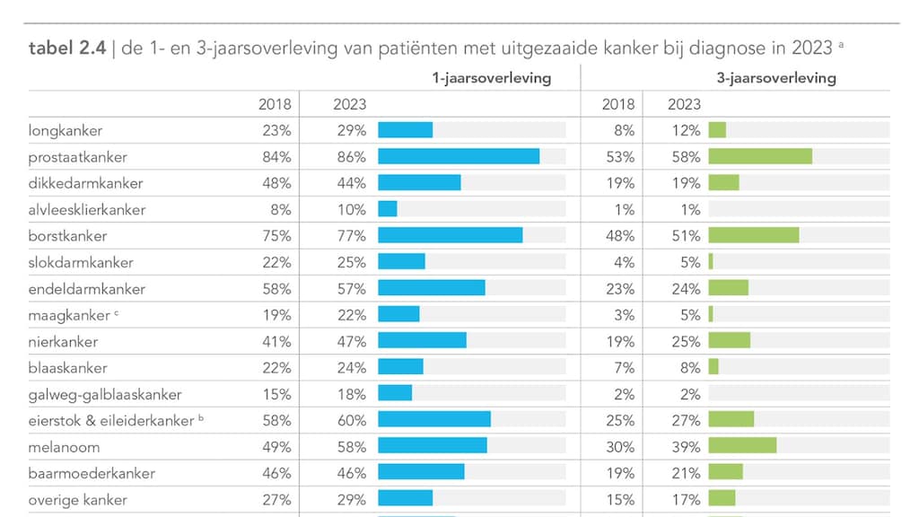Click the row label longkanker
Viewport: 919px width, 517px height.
(66, 130)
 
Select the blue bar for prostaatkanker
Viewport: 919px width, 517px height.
(458, 156)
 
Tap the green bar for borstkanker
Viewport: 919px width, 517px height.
(753, 235)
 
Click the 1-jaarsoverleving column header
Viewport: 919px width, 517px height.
(491, 78)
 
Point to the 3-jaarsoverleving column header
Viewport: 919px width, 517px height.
(775, 78)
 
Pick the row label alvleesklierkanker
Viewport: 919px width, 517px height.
(86, 209)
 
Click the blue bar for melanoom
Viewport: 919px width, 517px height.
(432, 446)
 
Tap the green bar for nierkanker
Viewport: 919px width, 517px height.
(729, 341)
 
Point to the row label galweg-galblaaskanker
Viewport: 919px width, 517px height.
(105, 394)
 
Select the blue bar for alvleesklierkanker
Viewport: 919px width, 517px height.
(387, 209)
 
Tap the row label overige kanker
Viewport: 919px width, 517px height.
(78, 500)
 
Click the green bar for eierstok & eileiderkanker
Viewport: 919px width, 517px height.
(731, 420)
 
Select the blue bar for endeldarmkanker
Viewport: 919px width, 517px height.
(431, 288)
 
